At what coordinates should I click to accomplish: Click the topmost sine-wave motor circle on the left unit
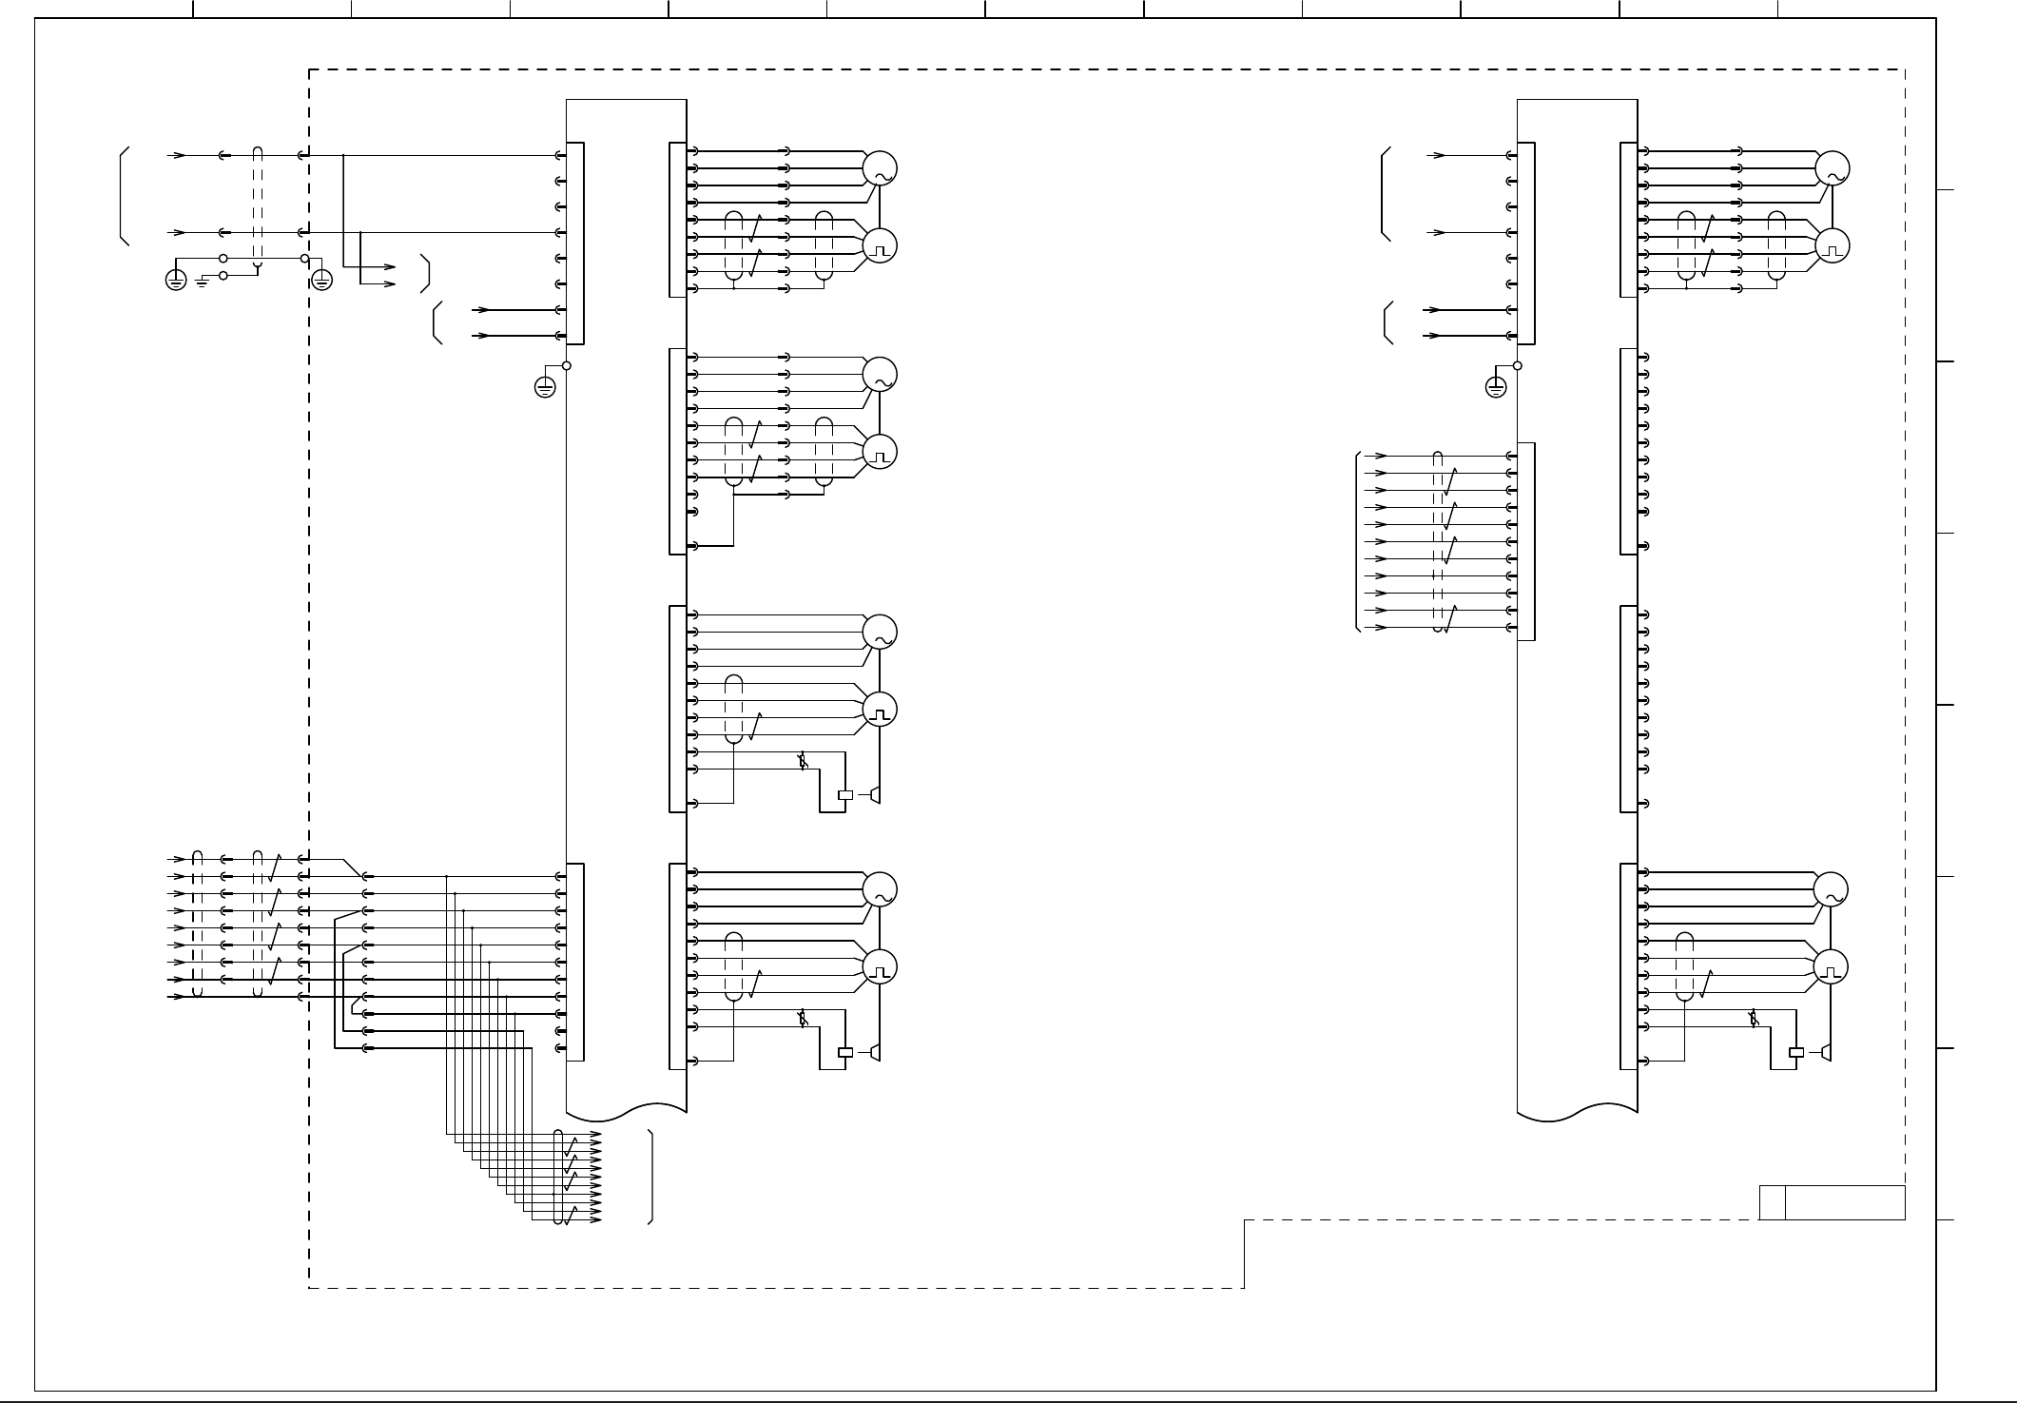point(880,168)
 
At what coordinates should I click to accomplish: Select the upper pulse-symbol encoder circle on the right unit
point(1832,246)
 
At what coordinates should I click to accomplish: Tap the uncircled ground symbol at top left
point(202,282)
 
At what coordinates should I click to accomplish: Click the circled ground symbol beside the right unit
point(1496,387)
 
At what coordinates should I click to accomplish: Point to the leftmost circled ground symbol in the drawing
point(176,281)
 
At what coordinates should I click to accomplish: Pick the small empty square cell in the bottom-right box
point(1772,1202)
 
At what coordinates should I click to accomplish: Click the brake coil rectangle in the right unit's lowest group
point(1796,1052)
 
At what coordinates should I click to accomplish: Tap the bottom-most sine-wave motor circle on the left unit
point(880,890)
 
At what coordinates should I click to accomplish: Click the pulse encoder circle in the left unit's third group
point(880,710)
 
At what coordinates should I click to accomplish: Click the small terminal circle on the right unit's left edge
point(1517,365)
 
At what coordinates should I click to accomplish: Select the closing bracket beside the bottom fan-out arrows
point(651,1177)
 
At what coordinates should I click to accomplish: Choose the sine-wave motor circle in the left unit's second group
point(880,375)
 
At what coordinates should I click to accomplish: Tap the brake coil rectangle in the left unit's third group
point(844,794)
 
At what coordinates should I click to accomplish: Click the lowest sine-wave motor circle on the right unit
point(1832,890)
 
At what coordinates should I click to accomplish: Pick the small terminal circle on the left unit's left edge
point(566,365)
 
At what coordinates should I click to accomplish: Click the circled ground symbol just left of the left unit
point(545,387)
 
